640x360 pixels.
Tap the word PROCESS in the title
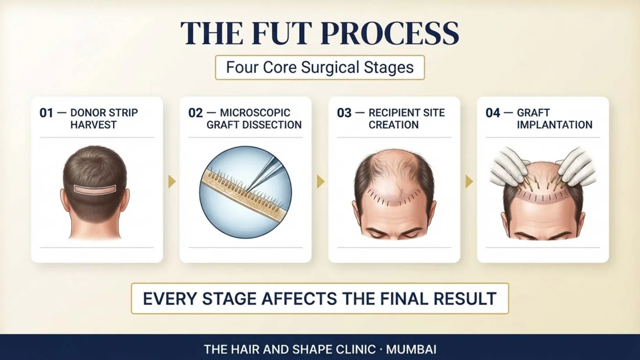389,33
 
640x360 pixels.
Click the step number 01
46,113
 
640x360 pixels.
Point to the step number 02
196,113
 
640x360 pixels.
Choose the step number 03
344,113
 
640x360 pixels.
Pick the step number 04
493,113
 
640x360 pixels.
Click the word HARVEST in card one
93,125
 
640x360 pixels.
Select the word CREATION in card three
394,125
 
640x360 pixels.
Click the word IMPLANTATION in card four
555,125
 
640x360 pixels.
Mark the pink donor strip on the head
95,189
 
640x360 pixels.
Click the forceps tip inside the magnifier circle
247,189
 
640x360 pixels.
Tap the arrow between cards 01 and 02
172,182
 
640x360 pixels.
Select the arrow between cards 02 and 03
320,182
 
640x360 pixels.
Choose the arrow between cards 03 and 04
469,182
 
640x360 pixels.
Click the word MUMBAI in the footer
411,350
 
